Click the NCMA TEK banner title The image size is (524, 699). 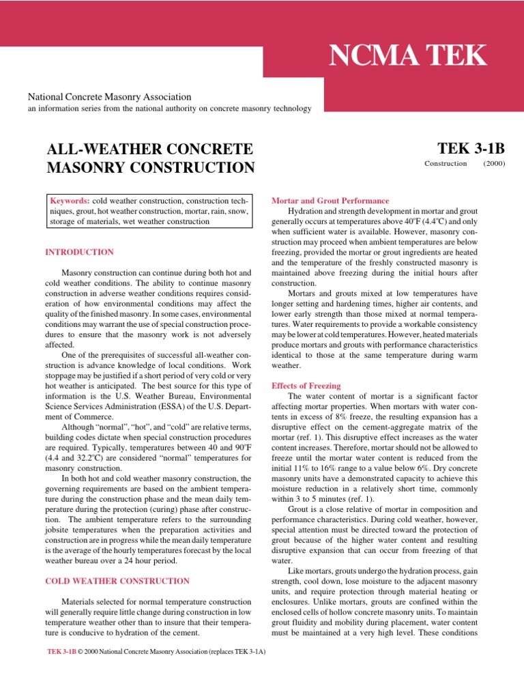tap(408, 55)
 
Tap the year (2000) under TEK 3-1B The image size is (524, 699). tap(494, 164)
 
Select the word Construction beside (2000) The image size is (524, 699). tap(446, 164)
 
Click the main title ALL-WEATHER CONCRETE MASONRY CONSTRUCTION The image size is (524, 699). tap(149, 158)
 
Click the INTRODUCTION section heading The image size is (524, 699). tap(79, 252)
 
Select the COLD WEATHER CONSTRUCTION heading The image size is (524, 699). tap(117, 581)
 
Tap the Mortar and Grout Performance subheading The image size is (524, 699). tap(330, 201)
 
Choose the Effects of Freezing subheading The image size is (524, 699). tap(306, 386)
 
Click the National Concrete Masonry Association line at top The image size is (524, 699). tap(108, 98)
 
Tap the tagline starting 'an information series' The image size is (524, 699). tap(169, 109)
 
